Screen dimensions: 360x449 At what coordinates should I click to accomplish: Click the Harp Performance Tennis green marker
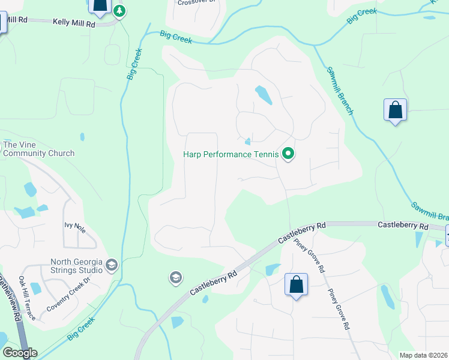288,155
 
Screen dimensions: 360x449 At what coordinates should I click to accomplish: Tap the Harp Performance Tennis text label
231,155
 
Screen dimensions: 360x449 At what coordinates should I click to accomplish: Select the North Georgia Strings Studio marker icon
112,265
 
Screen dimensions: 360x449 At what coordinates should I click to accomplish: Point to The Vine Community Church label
39,149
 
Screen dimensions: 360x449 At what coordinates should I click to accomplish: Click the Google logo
19,353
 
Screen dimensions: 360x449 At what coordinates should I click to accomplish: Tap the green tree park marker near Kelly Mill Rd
120,11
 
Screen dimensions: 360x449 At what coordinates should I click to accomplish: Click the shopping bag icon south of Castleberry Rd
297,284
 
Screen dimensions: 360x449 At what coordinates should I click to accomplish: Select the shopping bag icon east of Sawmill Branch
395,110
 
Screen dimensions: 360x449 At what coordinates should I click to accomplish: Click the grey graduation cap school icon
175,277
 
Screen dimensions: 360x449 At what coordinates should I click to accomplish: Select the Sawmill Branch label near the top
340,90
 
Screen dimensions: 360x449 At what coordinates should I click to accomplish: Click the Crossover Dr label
194,2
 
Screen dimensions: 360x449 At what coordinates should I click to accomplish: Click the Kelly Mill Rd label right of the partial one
74,23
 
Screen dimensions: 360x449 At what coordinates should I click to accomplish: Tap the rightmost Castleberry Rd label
403,226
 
